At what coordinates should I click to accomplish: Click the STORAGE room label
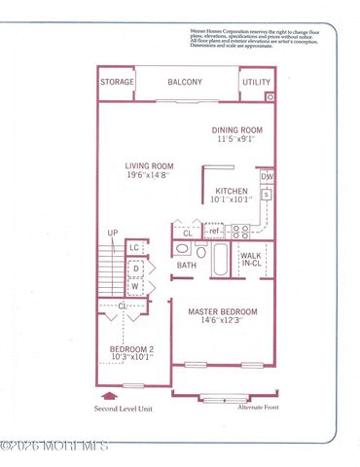[117, 83]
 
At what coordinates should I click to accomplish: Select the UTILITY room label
[258, 83]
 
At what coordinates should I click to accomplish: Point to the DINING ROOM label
[239, 128]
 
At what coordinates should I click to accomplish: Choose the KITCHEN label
[232, 192]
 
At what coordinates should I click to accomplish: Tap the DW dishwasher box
[267, 176]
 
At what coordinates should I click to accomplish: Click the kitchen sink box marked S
[266, 195]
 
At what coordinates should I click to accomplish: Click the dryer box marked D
[136, 269]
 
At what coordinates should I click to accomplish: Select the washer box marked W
[136, 287]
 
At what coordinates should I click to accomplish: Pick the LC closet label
[134, 247]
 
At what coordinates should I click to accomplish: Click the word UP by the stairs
[113, 233]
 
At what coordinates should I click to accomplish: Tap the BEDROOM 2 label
[130, 348]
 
